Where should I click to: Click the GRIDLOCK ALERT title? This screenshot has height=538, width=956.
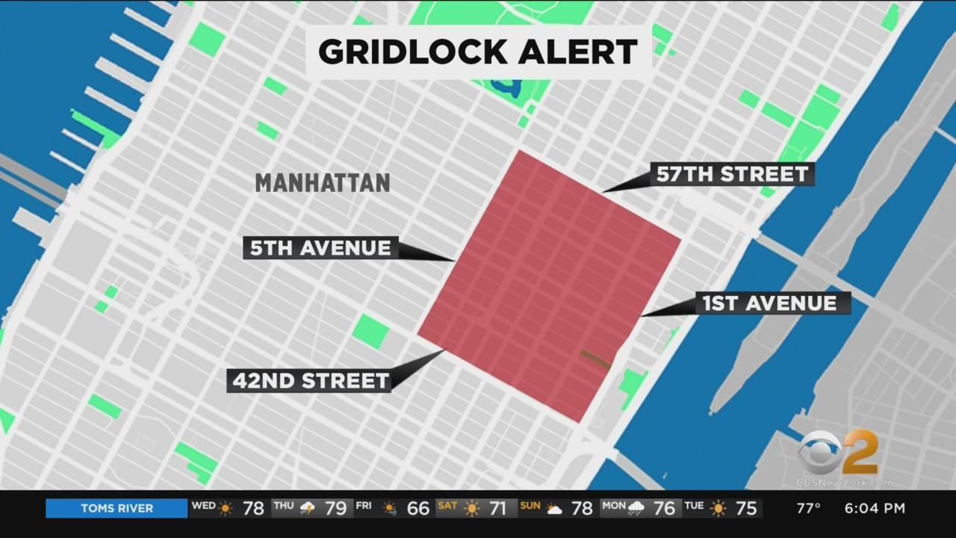tap(478, 52)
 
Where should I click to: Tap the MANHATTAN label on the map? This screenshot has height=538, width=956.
tap(323, 182)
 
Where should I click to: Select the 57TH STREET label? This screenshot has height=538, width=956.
tap(732, 174)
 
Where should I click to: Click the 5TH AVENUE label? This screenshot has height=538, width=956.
tap(321, 248)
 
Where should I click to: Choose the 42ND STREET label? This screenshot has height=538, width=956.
tap(311, 380)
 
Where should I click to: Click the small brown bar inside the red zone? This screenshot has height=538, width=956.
tap(596, 359)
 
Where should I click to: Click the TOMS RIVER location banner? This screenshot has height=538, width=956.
tap(117, 508)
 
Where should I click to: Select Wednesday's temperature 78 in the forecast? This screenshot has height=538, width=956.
tap(253, 508)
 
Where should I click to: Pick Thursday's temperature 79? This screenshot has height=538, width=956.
tap(335, 508)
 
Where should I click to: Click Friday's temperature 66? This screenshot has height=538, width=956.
tap(418, 508)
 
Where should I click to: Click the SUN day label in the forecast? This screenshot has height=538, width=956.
tap(530, 506)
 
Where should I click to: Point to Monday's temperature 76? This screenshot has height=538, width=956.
tap(665, 508)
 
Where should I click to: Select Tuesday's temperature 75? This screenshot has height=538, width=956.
tap(746, 508)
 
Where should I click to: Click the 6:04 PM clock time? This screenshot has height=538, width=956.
tap(875, 508)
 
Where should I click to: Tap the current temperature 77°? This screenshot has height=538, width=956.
tap(809, 508)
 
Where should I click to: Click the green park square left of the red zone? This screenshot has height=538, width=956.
tap(370, 331)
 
